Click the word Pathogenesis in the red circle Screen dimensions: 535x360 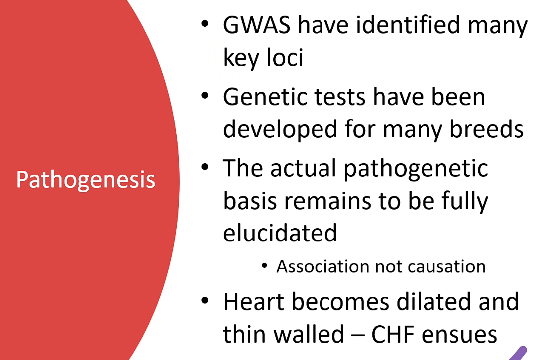point(86,180)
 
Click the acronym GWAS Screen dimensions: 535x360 point(257,25)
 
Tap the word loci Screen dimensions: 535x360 point(285,57)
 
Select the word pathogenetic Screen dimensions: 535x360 point(416,169)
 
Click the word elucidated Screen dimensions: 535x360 point(280,233)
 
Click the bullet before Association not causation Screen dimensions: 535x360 point(264,266)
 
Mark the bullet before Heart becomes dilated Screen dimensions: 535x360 point(205,300)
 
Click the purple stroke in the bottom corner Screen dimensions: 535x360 point(519,354)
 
